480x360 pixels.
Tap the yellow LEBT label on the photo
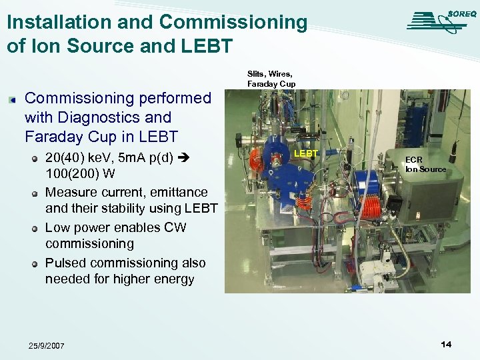point(306,153)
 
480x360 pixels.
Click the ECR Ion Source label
point(425,165)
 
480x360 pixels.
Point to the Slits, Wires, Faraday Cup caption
point(271,79)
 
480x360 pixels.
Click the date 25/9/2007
point(47,345)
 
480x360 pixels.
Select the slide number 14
point(446,344)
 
